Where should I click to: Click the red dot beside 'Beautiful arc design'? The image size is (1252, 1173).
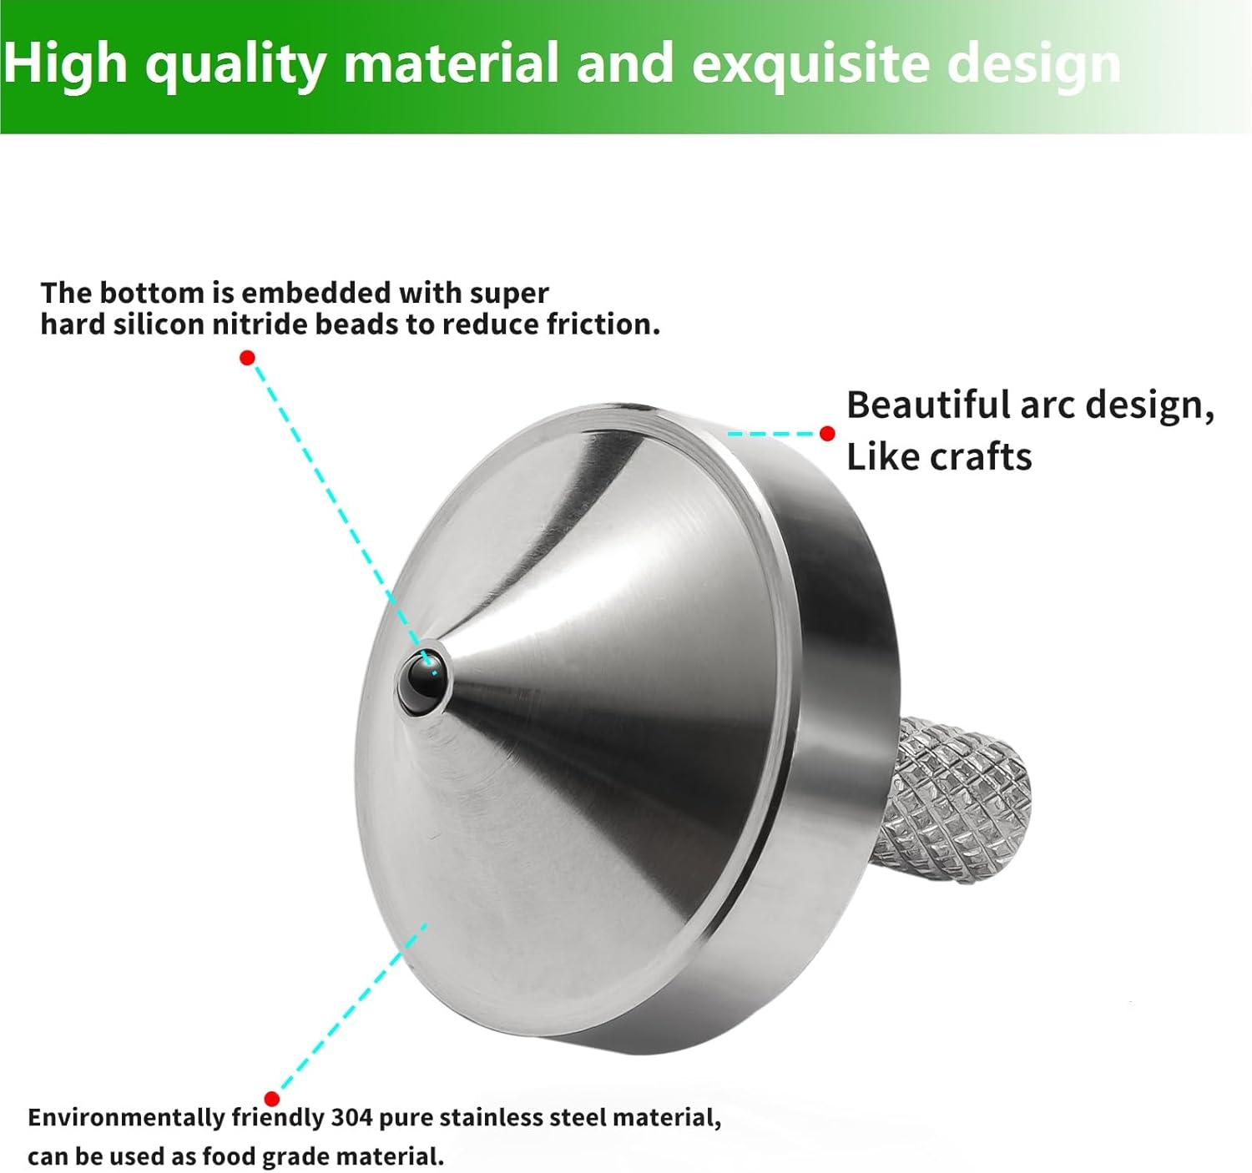point(827,434)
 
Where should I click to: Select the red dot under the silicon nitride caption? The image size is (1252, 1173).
point(247,358)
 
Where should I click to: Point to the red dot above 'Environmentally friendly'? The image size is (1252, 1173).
point(271,1098)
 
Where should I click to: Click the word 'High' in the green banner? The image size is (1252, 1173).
point(64,64)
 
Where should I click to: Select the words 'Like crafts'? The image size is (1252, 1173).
point(939,457)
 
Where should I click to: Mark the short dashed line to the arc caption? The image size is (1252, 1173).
point(770,434)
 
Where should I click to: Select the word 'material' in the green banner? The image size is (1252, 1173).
point(451,64)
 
